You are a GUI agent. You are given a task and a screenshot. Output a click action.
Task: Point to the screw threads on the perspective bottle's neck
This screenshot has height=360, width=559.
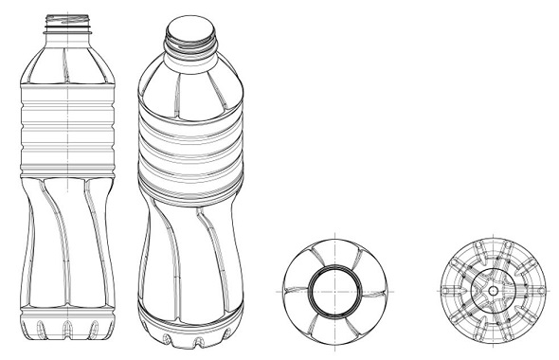(x=189, y=44)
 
